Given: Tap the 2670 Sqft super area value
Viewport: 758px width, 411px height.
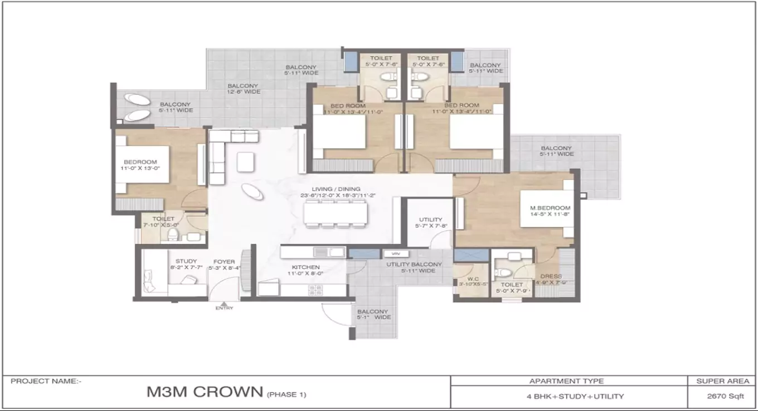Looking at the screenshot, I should (722, 397).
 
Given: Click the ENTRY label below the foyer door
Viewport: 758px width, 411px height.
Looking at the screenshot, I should (224, 308).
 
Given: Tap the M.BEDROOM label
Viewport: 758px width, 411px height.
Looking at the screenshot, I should (550, 208).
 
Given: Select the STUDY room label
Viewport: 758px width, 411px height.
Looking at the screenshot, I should (186, 261).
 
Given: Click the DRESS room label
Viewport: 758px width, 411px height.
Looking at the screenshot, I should (551, 276).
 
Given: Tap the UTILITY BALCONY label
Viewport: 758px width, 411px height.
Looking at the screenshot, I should (414, 265).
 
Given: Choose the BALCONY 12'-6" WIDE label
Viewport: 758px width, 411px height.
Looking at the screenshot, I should (243, 86).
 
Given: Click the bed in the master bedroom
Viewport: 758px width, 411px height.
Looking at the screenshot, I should (546, 209).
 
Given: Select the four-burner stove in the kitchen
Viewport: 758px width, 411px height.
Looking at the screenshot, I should (315, 290).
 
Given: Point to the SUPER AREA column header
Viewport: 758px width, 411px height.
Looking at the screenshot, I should (722, 381).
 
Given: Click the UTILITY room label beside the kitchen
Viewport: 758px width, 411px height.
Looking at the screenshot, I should (430, 220).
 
